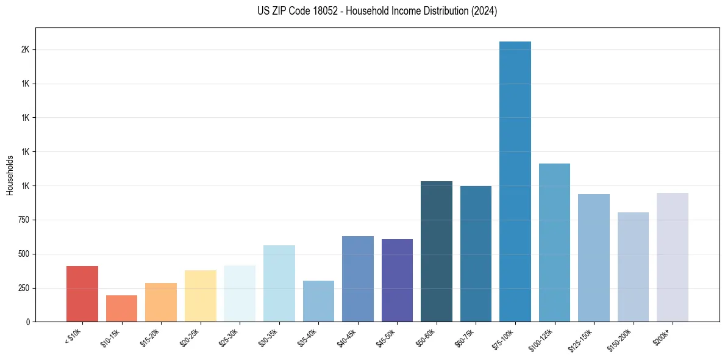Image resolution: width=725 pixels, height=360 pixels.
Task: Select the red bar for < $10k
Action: pyautogui.click(x=82, y=293)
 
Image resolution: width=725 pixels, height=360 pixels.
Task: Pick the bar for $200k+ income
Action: pyautogui.click(x=673, y=257)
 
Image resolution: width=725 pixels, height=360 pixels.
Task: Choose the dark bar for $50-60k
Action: pyautogui.click(x=437, y=251)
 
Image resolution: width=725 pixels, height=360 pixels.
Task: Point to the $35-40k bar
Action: pyautogui.click(x=318, y=301)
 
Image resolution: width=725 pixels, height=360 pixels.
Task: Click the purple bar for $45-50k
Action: pyautogui.click(x=397, y=280)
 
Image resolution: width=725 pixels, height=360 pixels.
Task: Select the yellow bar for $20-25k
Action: pyautogui.click(x=201, y=296)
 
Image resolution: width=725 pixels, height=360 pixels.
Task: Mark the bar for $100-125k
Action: pyautogui.click(x=554, y=242)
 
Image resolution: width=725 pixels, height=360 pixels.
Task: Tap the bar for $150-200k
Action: pyautogui.click(x=633, y=267)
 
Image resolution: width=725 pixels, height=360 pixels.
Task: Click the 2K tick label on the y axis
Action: pyautogui.click(x=25, y=49)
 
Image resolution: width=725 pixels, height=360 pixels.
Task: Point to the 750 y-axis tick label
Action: pyautogui.click(x=23, y=220)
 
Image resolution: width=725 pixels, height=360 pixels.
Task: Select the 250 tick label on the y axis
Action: pyautogui.click(x=23, y=288)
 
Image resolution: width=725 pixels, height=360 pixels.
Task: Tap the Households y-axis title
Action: pyautogui.click(x=10, y=175)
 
